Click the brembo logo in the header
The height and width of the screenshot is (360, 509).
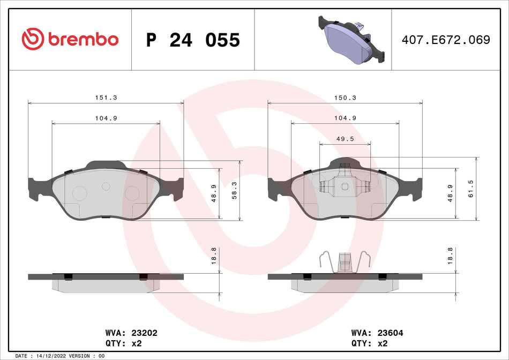click(70, 39)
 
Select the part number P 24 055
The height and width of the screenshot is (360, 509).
click(193, 40)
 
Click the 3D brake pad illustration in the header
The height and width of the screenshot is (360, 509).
click(351, 40)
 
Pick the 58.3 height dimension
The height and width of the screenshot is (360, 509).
click(234, 190)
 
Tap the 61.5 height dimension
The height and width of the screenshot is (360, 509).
click(471, 189)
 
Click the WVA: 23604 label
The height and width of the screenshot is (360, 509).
click(377, 333)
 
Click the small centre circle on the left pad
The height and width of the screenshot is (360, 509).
click(106, 186)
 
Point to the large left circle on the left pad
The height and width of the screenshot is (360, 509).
click(79, 193)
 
